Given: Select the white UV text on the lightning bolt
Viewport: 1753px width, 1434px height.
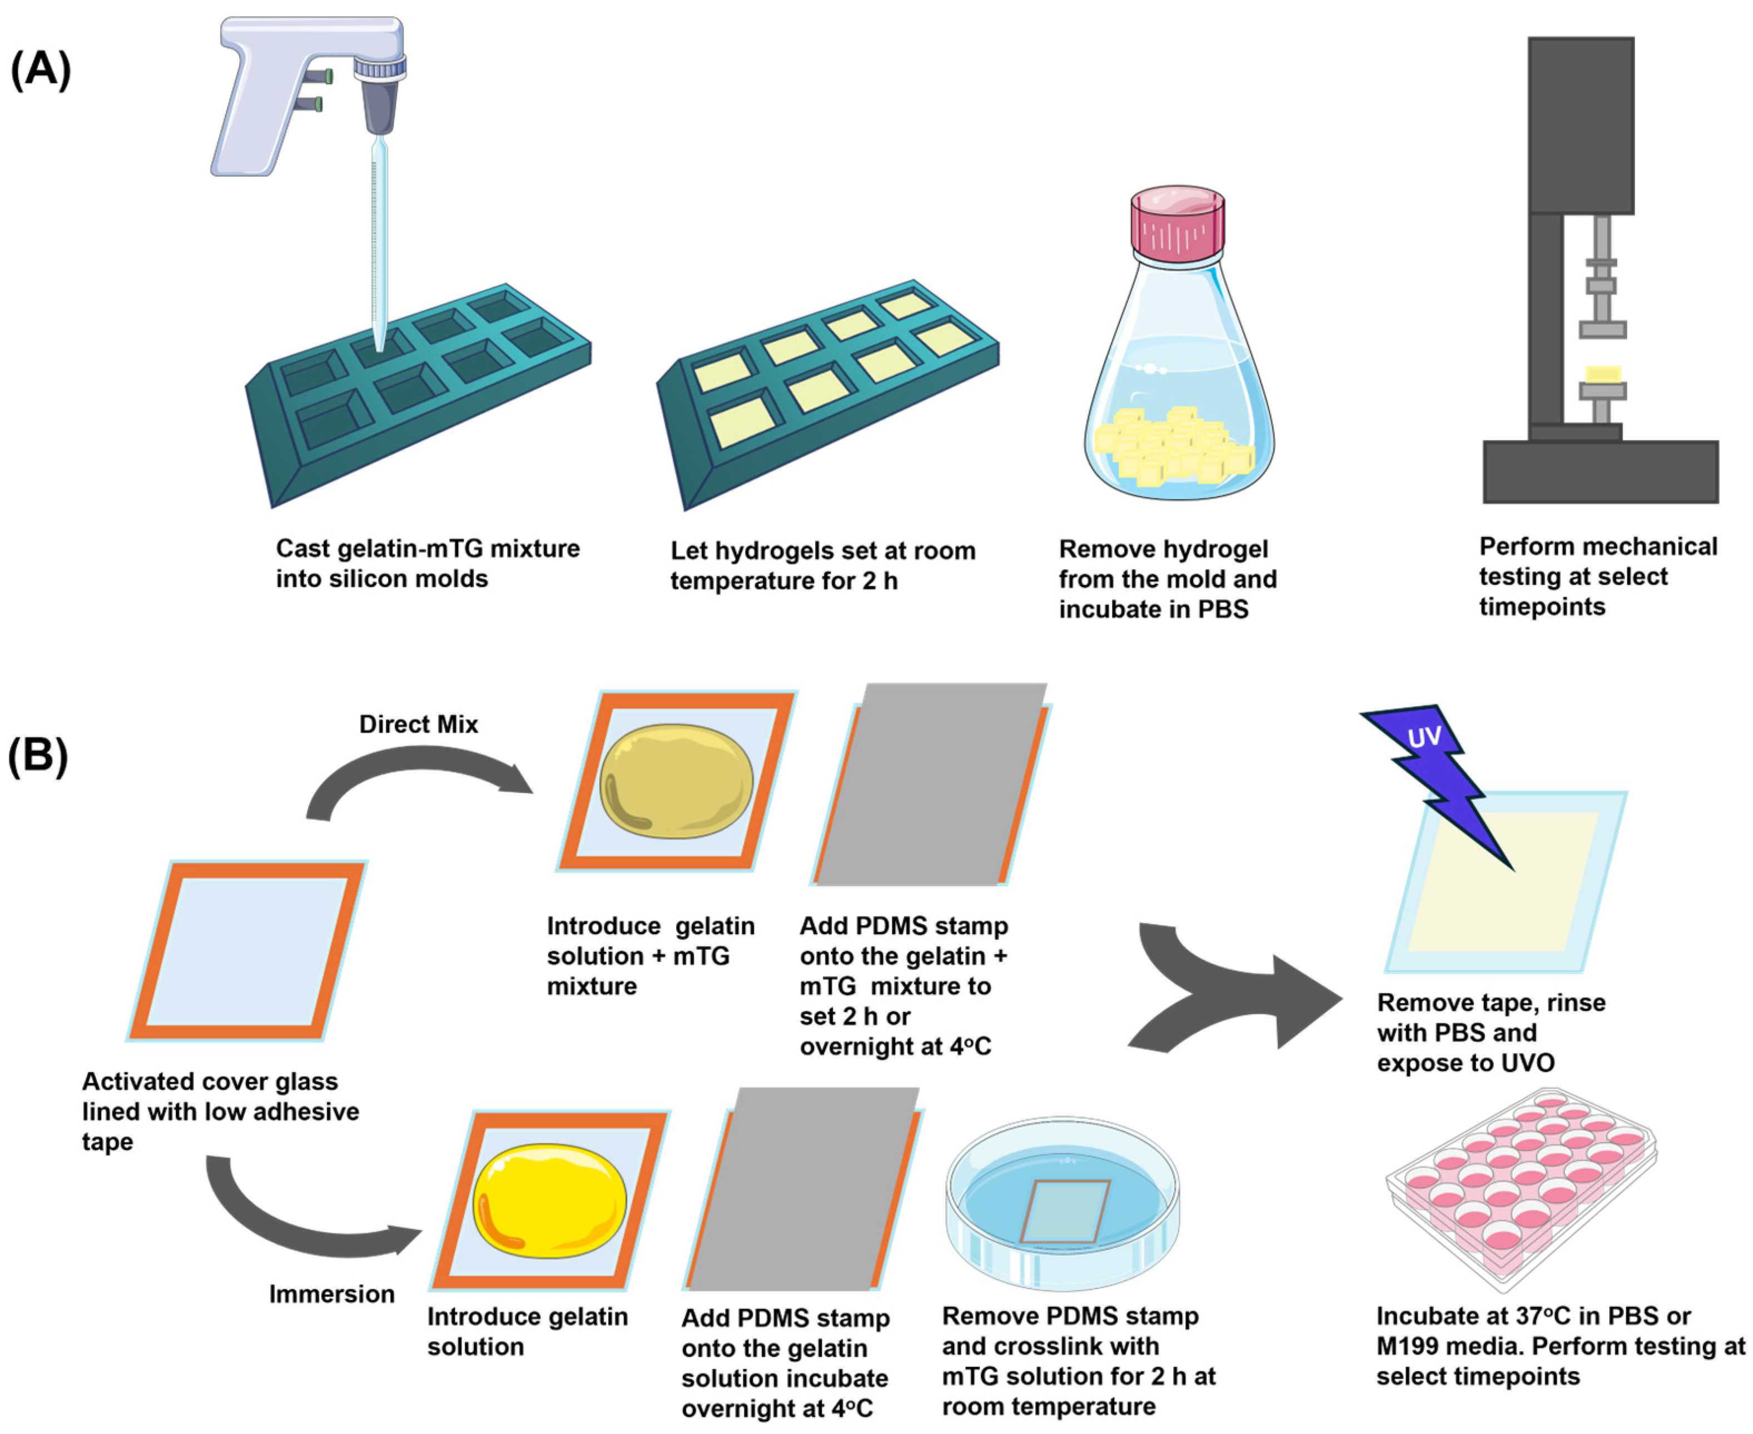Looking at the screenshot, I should (1423, 737).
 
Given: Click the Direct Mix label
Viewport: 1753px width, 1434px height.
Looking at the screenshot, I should (418, 725).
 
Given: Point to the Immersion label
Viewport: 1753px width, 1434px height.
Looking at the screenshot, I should (331, 1293).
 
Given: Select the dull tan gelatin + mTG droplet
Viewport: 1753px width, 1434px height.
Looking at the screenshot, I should (676, 781).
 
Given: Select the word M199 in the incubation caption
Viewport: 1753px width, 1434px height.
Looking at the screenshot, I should (1413, 1347).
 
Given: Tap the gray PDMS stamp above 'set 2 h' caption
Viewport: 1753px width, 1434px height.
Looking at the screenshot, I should (930, 785).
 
